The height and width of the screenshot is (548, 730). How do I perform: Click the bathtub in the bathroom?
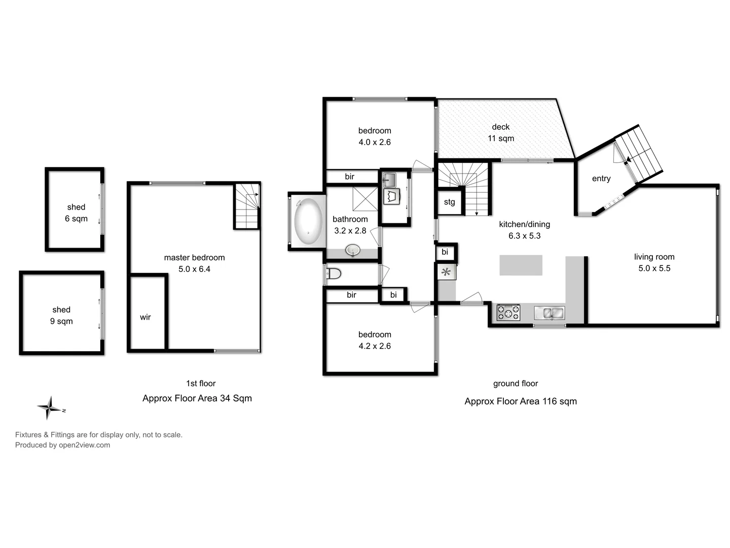[x=308, y=221]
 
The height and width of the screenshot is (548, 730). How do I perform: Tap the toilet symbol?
[x=333, y=274]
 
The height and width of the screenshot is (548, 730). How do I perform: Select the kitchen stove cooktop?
[x=508, y=313]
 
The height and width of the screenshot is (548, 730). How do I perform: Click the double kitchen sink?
[x=549, y=313]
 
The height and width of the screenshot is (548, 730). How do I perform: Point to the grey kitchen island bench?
[x=521, y=265]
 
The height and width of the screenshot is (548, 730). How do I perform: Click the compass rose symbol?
[x=50, y=407]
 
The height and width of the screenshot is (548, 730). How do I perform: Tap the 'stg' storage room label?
[x=449, y=202]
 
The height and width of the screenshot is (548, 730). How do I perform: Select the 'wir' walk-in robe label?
[x=145, y=317]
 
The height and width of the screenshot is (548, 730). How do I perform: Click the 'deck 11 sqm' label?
[x=501, y=132]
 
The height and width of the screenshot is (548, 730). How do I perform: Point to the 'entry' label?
[x=601, y=179]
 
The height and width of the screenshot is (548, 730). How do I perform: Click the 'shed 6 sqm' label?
[x=76, y=213]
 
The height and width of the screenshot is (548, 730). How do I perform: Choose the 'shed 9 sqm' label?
[x=61, y=315]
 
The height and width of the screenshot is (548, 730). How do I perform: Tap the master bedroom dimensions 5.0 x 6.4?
[x=194, y=269]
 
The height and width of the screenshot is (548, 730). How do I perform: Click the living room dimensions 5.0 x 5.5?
[x=654, y=268]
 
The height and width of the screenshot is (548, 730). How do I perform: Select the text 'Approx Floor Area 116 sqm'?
[x=521, y=401]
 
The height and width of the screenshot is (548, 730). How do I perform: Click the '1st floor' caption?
[x=201, y=384]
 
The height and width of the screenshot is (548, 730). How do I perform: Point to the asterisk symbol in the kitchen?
[x=446, y=272]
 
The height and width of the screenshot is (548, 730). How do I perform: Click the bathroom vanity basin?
[x=353, y=250]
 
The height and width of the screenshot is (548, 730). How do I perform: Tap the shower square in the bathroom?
[x=365, y=198]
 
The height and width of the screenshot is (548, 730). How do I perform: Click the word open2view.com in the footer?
[x=84, y=445]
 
